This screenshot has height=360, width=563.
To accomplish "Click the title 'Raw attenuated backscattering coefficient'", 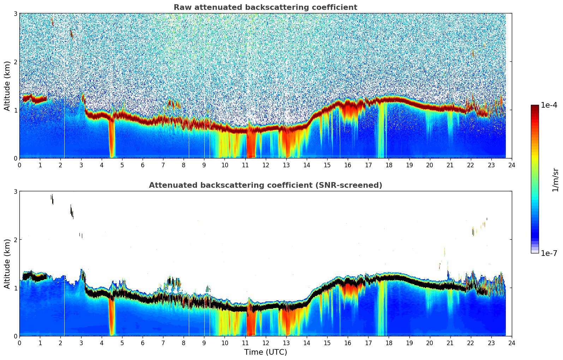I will click(265, 7).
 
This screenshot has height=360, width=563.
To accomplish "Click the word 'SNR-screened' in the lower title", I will click(354, 185).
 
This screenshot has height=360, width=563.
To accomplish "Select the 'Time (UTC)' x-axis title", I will click(265, 352).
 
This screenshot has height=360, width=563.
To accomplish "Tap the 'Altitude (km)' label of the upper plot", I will click(7, 86).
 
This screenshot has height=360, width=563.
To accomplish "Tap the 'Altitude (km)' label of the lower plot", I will click(7, 264).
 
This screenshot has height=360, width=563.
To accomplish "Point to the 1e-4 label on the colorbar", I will click(549, 105).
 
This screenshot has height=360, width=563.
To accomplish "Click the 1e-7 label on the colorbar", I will click(549, 253).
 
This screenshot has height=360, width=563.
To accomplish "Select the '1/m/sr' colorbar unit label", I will click(555, 180).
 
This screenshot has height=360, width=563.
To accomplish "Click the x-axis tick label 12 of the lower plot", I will click(265, 343).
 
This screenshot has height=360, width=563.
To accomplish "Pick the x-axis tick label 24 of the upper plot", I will click(511, 165).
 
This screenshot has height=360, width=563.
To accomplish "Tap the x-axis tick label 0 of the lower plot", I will click(19, 343).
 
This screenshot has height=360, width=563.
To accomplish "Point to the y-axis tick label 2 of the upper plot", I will click(15, 62).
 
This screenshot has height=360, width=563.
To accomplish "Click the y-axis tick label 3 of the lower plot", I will click(15, 191).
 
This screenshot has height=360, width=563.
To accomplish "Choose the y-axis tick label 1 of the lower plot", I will click(15, 288).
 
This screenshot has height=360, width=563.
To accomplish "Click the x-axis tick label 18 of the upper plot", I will click(389, 165).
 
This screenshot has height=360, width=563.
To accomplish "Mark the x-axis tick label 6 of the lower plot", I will click(143, 343).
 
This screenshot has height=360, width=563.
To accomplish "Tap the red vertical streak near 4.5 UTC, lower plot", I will click(112, 317).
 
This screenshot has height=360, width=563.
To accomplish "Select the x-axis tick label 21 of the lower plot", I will click(450, 343).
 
